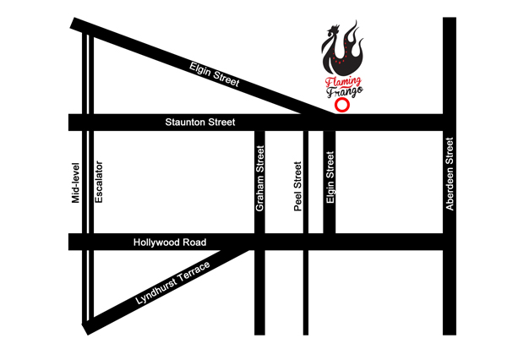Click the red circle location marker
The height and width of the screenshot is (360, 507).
pos(341,106)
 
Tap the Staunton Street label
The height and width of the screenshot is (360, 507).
pos(199,123)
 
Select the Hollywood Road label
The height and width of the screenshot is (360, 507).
pos(170,243)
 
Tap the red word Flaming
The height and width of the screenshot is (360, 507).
pos(343,82)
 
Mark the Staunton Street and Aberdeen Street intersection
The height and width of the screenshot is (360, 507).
pos(450,123)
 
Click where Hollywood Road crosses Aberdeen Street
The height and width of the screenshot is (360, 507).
pos(450,243)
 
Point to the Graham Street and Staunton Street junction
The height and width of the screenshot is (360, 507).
pos(260,123)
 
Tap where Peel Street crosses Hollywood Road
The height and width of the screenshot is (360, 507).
pos(305,243)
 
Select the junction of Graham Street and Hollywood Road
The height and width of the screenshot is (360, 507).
pos(260,243)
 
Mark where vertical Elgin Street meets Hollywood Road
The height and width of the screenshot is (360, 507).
pos(330,243)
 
